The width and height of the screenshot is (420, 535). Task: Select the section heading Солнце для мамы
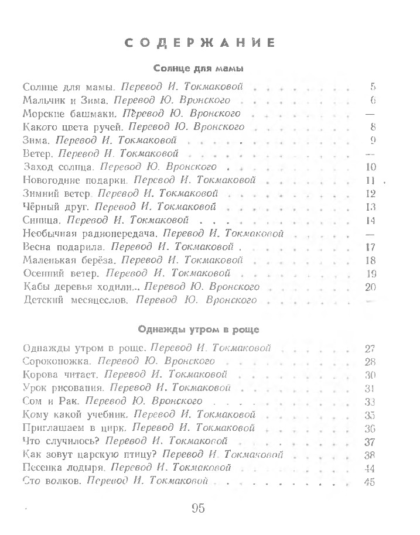pyautogui.click(x=199, y=69)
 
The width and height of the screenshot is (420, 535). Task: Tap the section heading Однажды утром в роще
pyautogui.click(x=199, y=328)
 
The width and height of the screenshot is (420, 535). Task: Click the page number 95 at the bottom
pyautogui.click(x=197, y=507)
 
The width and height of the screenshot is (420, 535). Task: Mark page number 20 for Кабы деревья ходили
pyautogui.click(x=369, y=287)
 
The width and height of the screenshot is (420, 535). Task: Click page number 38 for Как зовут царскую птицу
pyautogui.click(x=369, y=455)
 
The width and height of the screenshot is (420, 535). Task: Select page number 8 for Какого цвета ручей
pyautogui.click(x=373, y=126)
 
